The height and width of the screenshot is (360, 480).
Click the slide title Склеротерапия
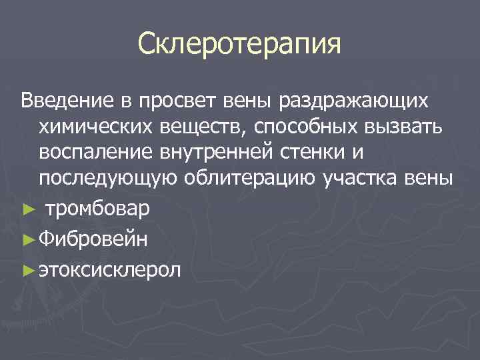click(239, 45)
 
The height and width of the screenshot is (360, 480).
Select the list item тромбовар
click(97, 209)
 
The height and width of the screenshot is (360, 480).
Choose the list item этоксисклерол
click(109, 270)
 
